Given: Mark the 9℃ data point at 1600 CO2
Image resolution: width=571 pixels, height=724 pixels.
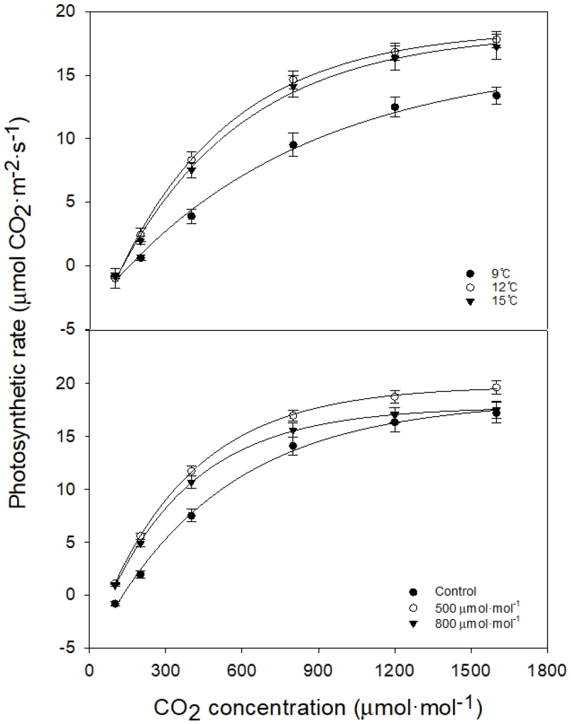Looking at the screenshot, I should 497,96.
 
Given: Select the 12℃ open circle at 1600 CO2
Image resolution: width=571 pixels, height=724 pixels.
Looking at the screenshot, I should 497,39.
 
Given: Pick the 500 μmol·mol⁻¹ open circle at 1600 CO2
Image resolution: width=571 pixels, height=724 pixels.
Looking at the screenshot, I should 497,387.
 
